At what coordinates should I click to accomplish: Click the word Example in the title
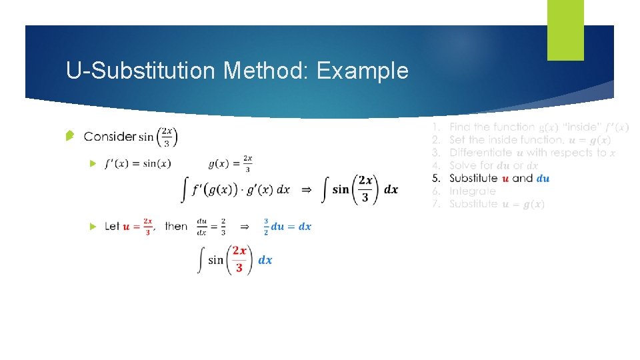[x=363, y=71]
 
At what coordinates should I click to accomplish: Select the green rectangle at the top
[x=565, y=30]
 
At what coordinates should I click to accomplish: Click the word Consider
[x=110, y=137]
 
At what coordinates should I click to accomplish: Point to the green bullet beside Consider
[x=70, y=137]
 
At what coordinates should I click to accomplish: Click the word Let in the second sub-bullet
[x=112, y=227]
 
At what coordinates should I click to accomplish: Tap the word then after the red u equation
[x=176, y=227]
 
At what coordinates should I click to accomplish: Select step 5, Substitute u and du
[x=499, y=178]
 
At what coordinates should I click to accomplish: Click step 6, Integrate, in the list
[x=473, y=191]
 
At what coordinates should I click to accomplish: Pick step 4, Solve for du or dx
[x=493, y=165]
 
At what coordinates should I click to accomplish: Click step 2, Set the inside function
[x=507, y=139]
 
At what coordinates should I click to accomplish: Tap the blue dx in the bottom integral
[x=265, y=260]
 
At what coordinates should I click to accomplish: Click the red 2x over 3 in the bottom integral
[x=239, y=259]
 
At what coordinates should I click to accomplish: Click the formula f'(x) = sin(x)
[x=138, y=164]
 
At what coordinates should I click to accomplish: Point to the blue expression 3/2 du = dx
[x=287, y=227]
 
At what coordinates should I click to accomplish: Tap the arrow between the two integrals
[x=306, y=190]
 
